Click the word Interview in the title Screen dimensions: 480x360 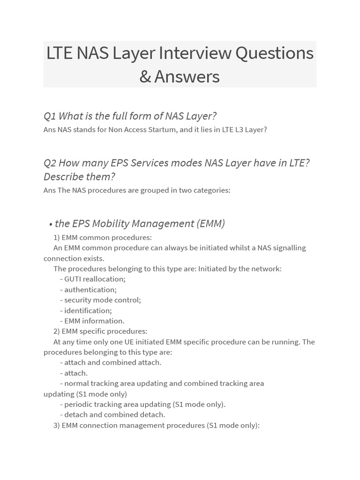pos(195,53)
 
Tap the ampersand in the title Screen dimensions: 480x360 pos(145,76)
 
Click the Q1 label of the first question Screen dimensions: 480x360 pos(50,116)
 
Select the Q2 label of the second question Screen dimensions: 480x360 pos(50,163)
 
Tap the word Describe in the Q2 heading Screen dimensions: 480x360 pos(63,177)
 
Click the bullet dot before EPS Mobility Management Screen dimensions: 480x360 pos(51,224)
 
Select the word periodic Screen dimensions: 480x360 pos(79,404)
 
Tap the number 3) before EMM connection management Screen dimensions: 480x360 pos(56,425)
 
